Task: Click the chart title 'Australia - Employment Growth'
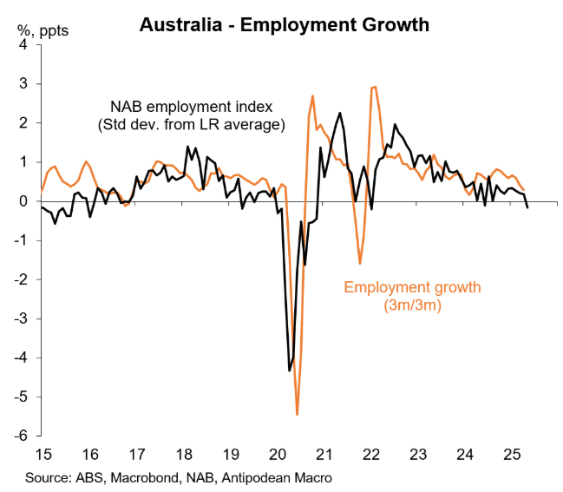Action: coord(284,24)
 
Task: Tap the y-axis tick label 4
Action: coord(25,45)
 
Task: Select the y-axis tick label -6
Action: coord(23,436)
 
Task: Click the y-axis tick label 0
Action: coord(25,201)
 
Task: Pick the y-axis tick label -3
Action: coord(23,318)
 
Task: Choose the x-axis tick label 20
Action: coord(278,454)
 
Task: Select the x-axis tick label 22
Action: coord(372,454)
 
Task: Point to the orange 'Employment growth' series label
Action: coord(412,286)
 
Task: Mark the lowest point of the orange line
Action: coord(298,415)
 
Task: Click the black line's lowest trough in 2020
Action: coord(290,371)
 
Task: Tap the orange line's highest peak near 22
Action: coord(374,87)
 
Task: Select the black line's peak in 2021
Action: coord(339,113)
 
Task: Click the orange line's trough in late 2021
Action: coord(360,263)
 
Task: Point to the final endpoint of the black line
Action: coord(527,207)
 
